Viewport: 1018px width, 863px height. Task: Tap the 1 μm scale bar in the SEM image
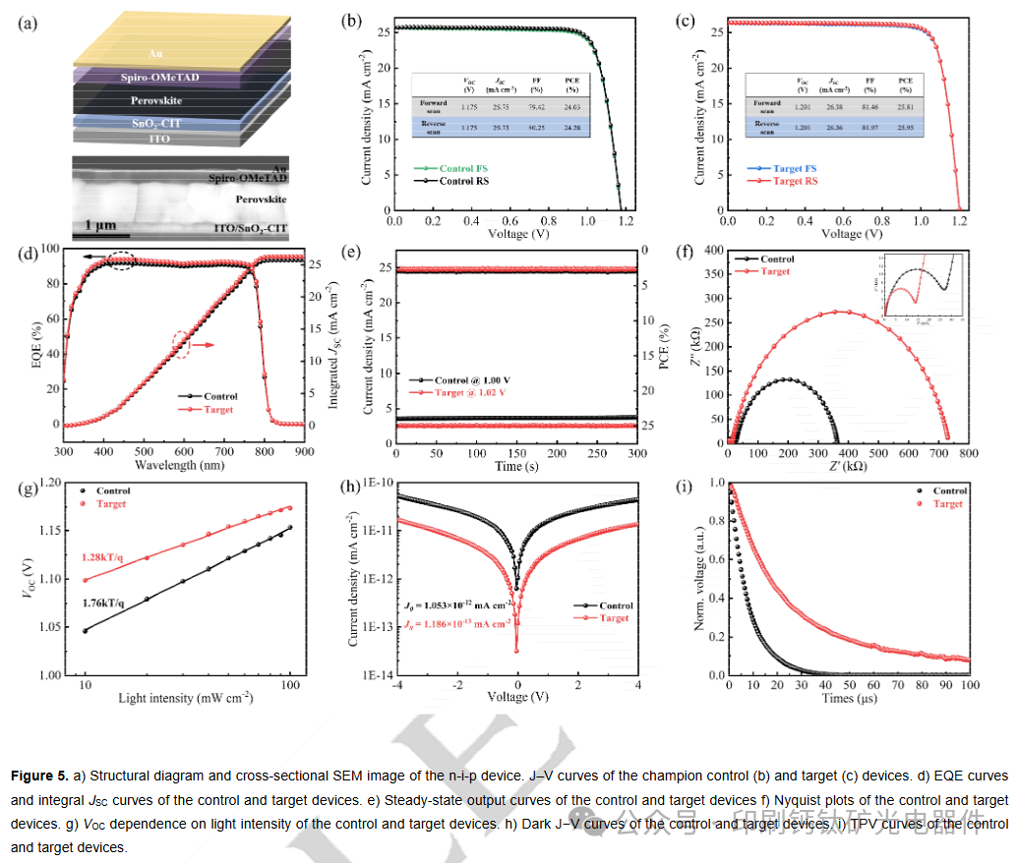pyautogui.click(x=100, y=234)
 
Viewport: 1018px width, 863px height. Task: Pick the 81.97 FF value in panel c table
pyautogui.click(x=868, y=127)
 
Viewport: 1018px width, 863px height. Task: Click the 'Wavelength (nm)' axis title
pyautogui.click(x=183, y=467)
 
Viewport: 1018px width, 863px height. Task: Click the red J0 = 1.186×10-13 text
pyautogui.click(x=456, y=624)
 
